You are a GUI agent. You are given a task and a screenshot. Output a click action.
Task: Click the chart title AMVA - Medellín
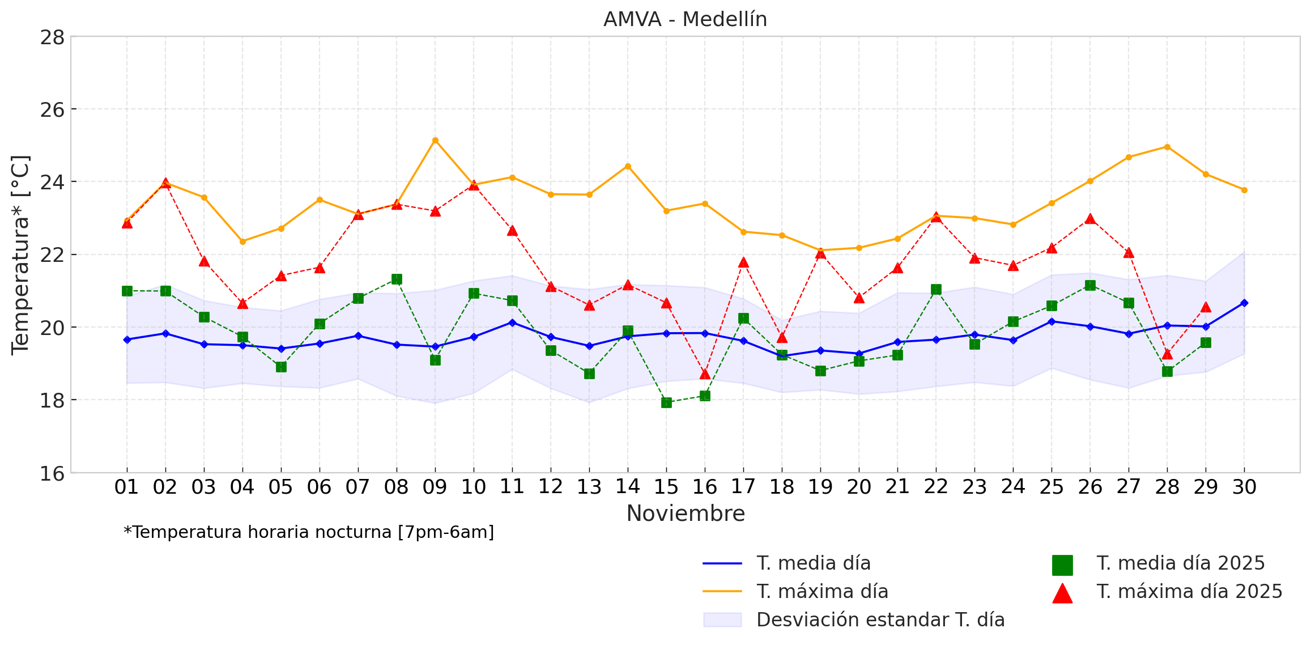tap(685, 19)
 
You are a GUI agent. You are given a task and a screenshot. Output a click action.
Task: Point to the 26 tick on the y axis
tap(52, 109)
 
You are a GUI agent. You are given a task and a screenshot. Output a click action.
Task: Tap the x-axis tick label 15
tap(666, 487)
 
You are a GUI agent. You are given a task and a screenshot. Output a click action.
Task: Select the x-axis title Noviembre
tap(686, 514)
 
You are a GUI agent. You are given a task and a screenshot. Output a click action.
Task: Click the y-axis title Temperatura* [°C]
tap(20, 255)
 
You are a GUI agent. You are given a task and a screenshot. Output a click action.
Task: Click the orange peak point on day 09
tap(435, 140)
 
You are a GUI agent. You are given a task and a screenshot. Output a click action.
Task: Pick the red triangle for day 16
tap(705, 374)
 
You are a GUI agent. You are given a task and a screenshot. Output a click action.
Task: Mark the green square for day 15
tap(666, 402)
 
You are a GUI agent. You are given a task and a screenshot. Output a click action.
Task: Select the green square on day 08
tap(397, 279)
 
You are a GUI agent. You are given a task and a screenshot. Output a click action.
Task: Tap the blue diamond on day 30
tap(1244, 303)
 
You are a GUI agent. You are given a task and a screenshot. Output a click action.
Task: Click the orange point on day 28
tap(1167, 147)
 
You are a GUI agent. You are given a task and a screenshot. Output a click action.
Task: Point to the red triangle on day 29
tap(1206, 307)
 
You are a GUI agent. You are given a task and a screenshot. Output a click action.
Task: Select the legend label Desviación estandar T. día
tap(880, 620)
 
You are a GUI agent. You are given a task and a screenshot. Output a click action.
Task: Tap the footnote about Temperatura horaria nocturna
tap(309, 533)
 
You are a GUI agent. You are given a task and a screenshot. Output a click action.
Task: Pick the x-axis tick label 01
tap(126, 487)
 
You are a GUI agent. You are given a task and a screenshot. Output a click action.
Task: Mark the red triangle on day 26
tap(1090, 219)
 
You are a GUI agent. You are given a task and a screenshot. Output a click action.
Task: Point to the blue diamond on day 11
tap(512, 323)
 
